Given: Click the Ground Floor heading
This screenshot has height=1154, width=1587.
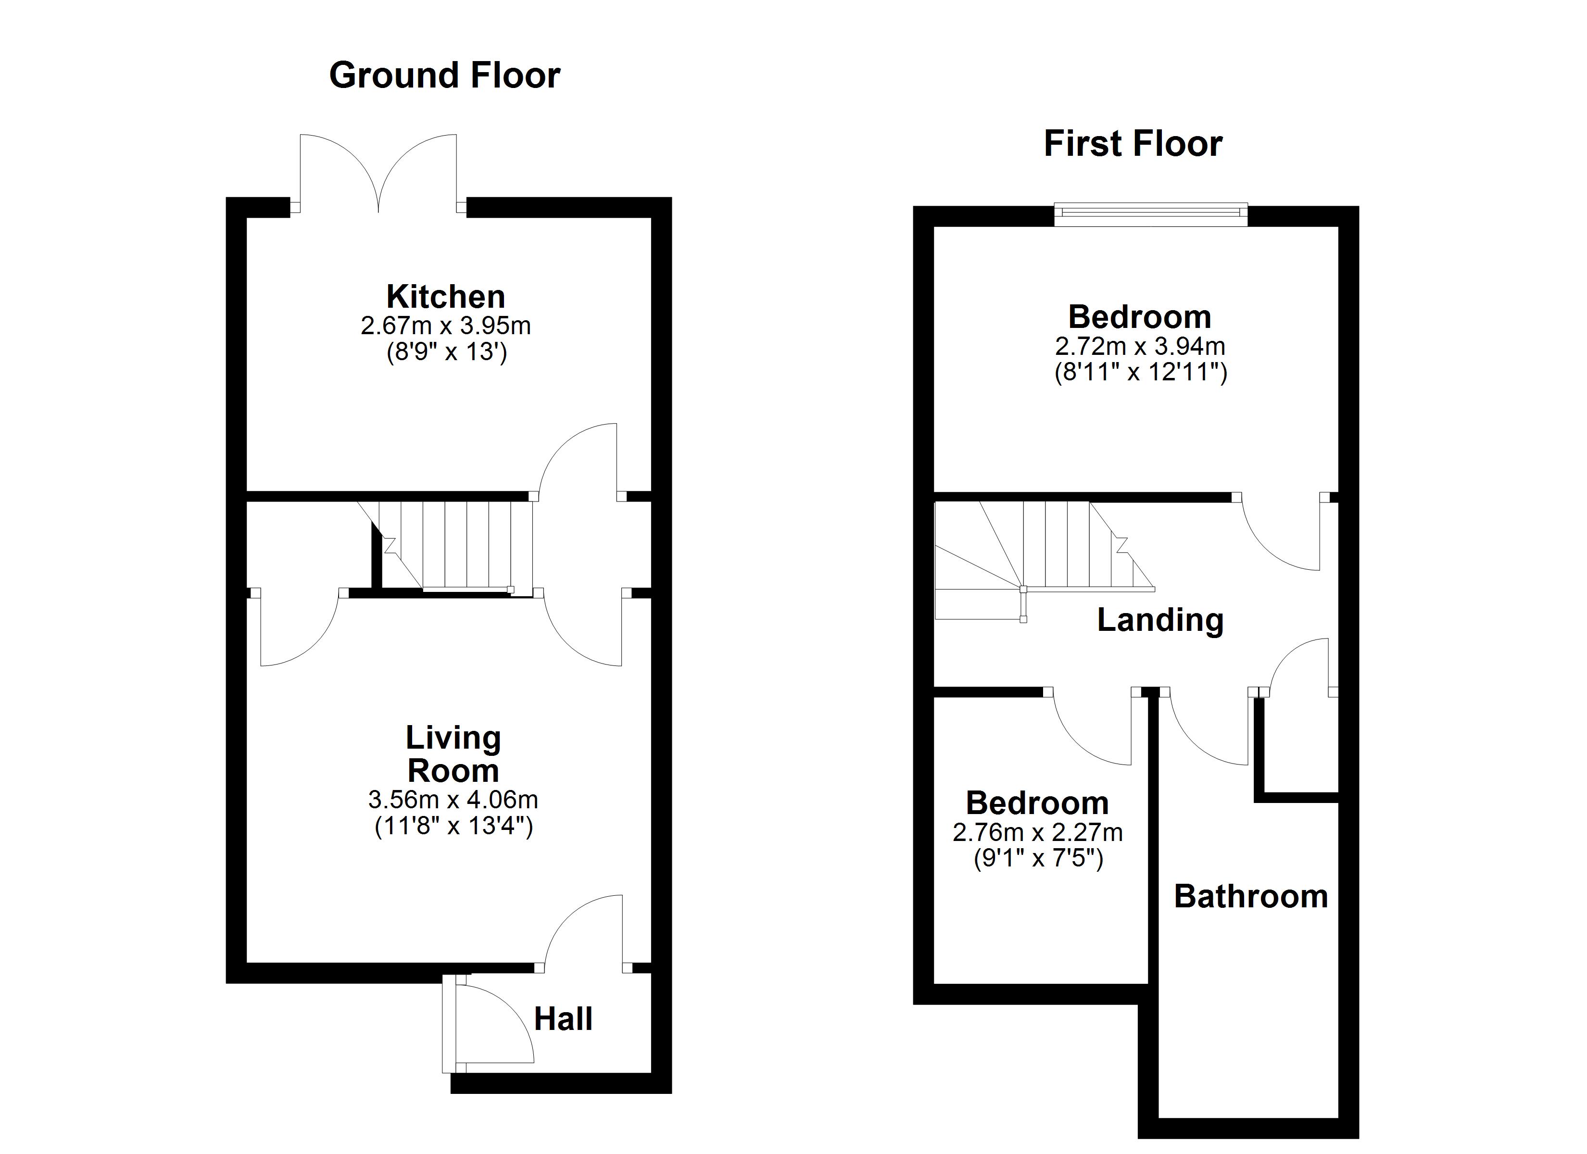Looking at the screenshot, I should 444,75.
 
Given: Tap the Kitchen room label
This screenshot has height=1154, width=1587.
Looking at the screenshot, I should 446,297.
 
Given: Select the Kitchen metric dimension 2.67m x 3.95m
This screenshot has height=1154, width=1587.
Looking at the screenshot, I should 446,326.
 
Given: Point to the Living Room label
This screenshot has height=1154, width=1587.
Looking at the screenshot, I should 453,754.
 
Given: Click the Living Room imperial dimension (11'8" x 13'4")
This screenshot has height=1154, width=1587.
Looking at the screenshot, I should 453,827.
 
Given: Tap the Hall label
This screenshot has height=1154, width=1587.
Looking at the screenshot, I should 563,1019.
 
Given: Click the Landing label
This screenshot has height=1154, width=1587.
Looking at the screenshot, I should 1159,620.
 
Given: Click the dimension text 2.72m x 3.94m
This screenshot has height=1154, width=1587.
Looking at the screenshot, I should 1140,346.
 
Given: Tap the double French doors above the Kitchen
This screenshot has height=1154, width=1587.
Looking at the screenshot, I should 378,175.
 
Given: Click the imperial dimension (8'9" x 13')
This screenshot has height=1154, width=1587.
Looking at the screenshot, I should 446,352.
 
